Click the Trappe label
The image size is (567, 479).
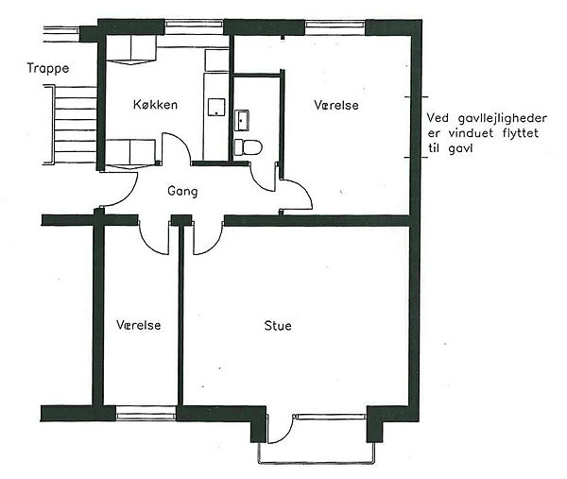coord(48,68)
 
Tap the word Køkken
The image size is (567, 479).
coord(155,105)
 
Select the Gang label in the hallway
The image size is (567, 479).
coord(182,191)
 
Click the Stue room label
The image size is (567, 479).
coord(278,325)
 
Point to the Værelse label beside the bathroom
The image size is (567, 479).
coord(336,105)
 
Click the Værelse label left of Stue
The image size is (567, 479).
coord(139,325)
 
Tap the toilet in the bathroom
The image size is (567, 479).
coord(248,147)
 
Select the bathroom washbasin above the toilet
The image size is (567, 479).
coord(242,120)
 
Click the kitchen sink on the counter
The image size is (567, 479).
coord(216,108)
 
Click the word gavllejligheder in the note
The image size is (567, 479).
coord(502,119)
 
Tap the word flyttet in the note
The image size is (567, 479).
coord(521,133)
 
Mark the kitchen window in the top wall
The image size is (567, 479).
coord(194,26)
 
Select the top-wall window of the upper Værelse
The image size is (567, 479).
coord(335,27)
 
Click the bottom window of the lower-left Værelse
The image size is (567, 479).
coord(146,413)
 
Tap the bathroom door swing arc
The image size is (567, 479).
coord(261,181)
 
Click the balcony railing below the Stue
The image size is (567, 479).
coord(317,462)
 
